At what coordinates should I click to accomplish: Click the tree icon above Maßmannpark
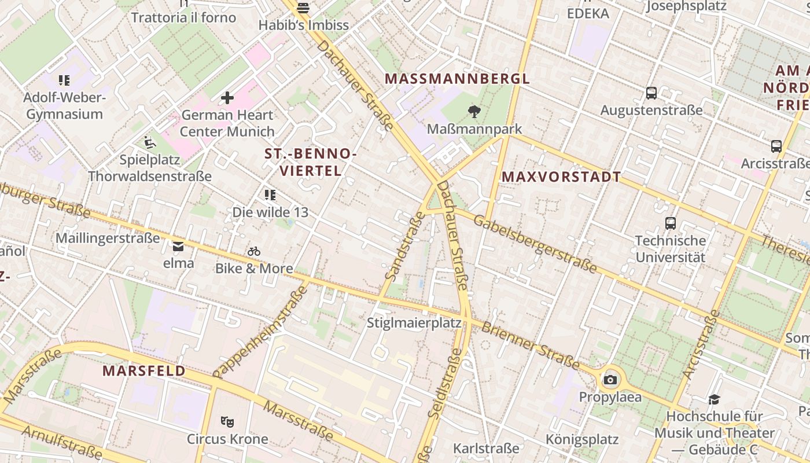click(474, 111)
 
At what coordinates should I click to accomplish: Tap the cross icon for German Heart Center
click(227, 97)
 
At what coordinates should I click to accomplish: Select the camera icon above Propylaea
click(610, 380)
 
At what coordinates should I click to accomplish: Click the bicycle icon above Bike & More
click(254, 251)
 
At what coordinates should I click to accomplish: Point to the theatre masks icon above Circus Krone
click(227, 422)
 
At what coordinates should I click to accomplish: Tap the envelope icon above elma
click(178, 247)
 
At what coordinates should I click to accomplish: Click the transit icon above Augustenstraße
click(651, 93)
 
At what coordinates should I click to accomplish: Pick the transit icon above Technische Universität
click(671, 223)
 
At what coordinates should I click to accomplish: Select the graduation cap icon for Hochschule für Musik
click(714, 399)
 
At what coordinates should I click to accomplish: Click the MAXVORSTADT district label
click(561, 177)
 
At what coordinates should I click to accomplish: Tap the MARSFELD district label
click(144, 371)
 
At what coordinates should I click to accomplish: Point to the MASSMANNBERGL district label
click(457, 79)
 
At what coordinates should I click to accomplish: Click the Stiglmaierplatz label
click(414, 322)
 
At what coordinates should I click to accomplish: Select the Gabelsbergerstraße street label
click(535, 243)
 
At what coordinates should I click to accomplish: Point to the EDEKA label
click(588, 13)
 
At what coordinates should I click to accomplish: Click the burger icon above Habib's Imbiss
click(303, 8)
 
